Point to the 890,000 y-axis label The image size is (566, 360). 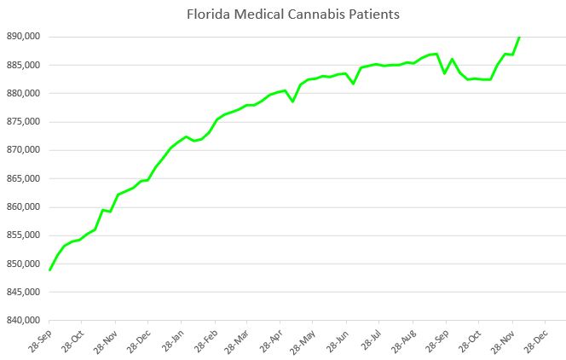tap(25, 37)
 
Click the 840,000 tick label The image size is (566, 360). tap(25, 321)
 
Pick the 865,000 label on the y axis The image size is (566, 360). tap(25, 178)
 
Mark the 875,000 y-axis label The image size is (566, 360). tap(25, 122)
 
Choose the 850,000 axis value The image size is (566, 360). tap(25, 264)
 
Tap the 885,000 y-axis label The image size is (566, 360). tap(25, 65)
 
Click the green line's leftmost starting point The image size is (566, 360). tap(50, 270)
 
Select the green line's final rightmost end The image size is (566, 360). tap(519, 38)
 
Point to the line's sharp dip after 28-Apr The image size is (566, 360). tap(292, 102)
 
